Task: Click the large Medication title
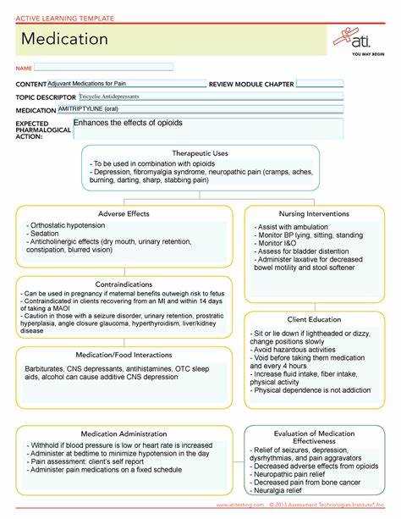64,39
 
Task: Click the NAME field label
23,68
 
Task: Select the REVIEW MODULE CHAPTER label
250,85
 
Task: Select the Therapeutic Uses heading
200,153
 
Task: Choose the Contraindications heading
124,284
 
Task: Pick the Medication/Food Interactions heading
124,354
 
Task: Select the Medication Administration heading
124,433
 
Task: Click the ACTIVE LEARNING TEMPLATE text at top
56,8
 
